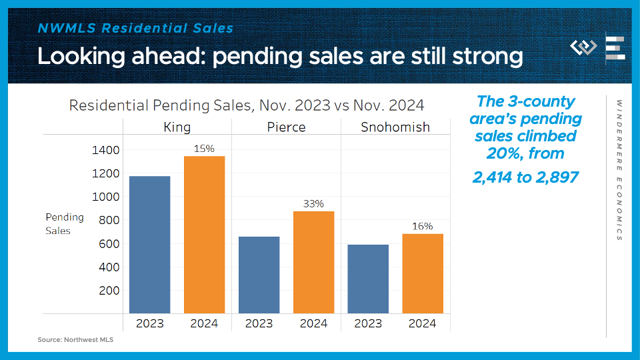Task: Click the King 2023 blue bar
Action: (x=149, y=245)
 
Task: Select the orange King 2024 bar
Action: (x=204, y=235)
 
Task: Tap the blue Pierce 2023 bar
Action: (x=259, y=275)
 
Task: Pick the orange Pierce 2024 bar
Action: (x=313, y=262)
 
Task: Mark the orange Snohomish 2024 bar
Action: (x=423, y=273)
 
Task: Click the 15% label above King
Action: (x=204, y=149)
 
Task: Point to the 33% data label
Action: (x=313, y=204)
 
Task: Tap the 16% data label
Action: (x=423, y=227)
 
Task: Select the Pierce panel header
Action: (x=286, y=127)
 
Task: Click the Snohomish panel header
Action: (x=395, y=127)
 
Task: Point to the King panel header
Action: (x=177, y=127)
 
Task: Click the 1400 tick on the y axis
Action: (x=105, y=150)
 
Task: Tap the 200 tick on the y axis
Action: (x=109, y=291)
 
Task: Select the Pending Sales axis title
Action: (x=65, y=223)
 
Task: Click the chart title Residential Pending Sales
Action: (x=247, y=105)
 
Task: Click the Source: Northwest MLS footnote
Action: (x=75, y=340)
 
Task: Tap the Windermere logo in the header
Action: (x=584, y=47)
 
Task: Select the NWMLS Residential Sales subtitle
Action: (x=135, y=28)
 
